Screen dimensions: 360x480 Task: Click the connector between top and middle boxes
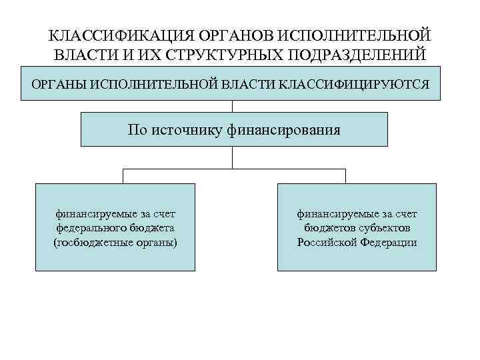point(232,106)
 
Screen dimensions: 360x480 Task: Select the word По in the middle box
point(135,129)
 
